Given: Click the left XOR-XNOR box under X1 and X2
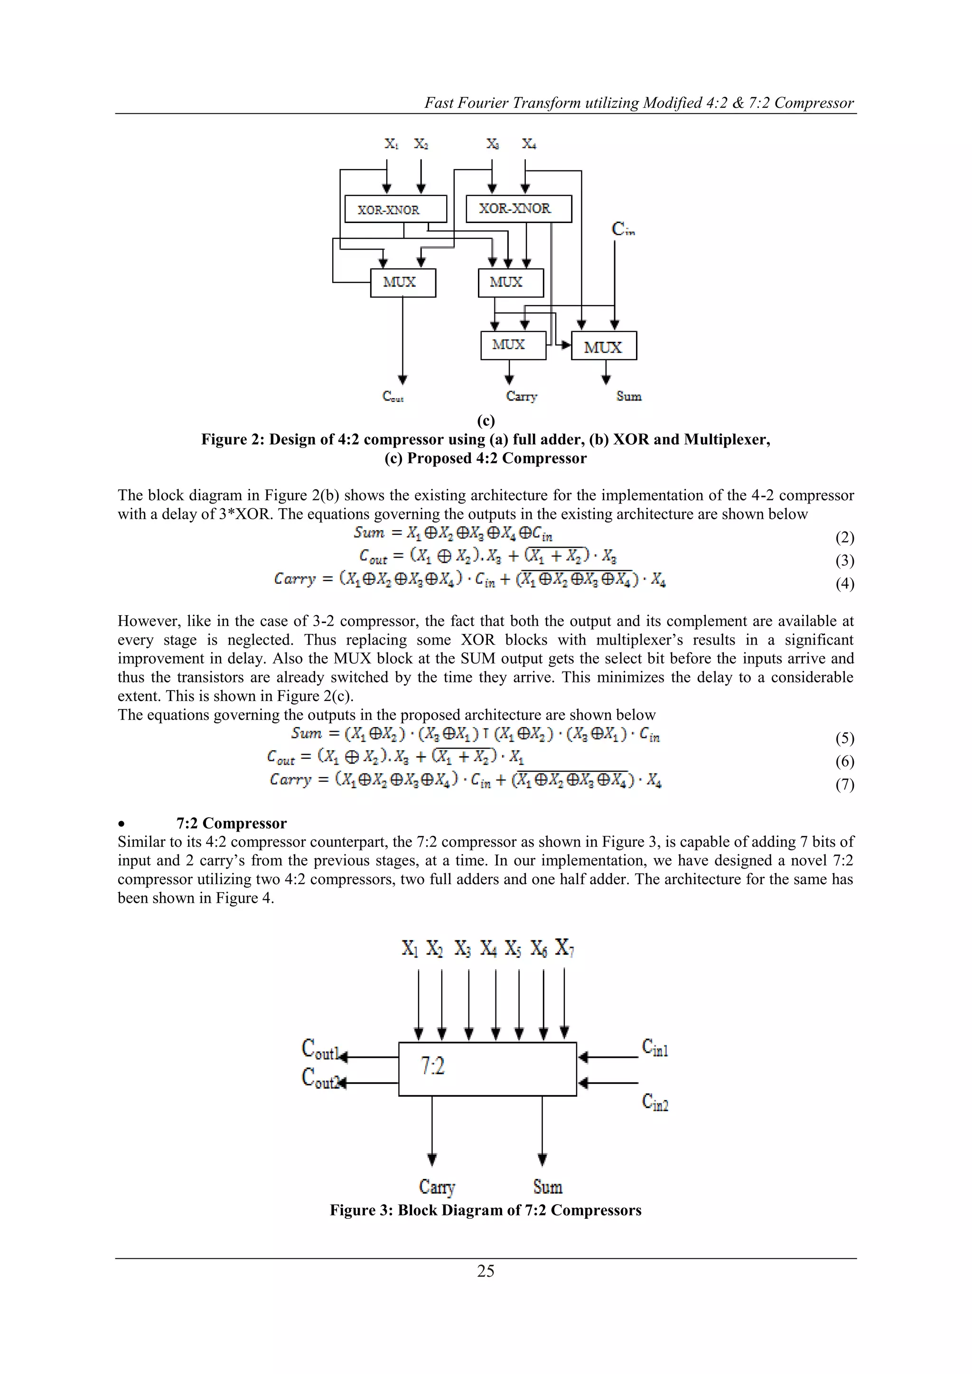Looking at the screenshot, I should [x=396, y=209].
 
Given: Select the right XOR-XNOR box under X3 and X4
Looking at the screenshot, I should [x=518, y=209].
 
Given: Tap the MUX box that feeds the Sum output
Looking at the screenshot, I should [x=603, y=346].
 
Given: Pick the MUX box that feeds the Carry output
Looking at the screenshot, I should [x=513, y=346].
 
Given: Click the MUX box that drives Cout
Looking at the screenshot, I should [x=403, y=282].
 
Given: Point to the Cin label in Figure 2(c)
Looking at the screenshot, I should [x=623, y=229].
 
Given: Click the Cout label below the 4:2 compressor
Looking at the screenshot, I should [x=393, y=396].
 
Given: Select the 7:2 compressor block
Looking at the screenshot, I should [x=487, y=1069].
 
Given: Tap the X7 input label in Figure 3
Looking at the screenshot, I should [x=564, y=948].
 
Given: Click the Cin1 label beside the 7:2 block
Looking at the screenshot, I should [x=655, y=1047].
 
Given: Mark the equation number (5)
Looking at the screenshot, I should [x=844, y=738].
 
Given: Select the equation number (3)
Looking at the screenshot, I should [x=844, y=561].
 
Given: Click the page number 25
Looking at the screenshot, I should [x=486, y=1271].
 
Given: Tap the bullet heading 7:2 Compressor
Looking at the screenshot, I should [x=231, y=823].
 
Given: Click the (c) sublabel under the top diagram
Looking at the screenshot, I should [x=486, y=421].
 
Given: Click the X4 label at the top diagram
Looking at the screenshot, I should [x=529, y=144].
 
